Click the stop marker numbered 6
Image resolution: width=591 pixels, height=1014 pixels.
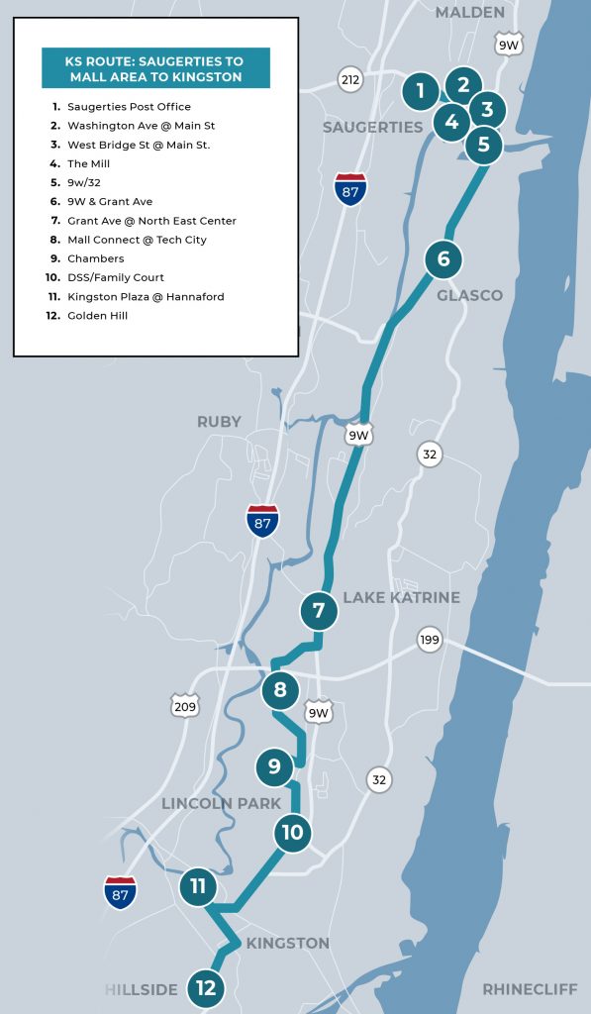443,259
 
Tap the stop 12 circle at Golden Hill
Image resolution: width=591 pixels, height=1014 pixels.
206,987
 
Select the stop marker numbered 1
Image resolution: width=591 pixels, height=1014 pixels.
421,92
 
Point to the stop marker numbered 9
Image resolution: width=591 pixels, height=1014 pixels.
274,766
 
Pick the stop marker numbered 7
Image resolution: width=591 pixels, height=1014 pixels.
319,611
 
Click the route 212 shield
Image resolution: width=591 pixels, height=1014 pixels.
349,79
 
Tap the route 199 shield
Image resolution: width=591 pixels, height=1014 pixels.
429,639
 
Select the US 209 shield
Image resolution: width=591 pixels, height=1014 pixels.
185,705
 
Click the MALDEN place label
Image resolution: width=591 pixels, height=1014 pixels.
469,13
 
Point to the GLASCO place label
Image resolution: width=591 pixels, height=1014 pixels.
469,295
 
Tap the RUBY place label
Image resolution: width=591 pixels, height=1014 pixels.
219,422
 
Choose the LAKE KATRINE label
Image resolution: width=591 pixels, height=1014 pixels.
401,597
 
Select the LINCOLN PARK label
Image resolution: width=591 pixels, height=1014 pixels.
222,803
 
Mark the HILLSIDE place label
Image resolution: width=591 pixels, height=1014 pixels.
142,989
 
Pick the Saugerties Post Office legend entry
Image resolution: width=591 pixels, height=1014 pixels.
129,107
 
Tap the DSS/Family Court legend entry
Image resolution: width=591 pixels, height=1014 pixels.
115,277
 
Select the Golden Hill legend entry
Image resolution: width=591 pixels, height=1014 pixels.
97,316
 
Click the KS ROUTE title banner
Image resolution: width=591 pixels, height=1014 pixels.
155,68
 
